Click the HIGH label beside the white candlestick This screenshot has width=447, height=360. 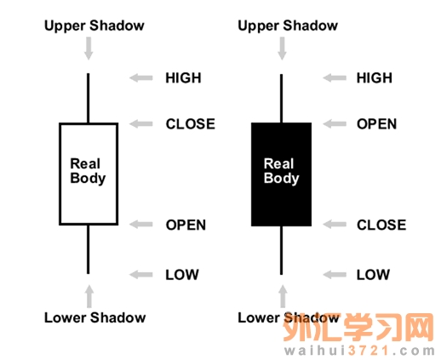coord(183,77)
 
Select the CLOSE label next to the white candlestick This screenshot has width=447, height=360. coord(191,124)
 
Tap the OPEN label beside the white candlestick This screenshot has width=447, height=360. coord(186,225)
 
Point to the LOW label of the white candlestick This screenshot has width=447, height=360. coord(182,275)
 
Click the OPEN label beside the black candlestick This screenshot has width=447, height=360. coord(376,124)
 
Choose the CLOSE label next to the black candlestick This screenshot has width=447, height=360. coord(381,225)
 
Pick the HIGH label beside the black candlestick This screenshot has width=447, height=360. coord(375,77)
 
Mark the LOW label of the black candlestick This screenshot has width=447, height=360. coord(373,275)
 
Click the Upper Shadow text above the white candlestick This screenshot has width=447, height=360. coord(95,26)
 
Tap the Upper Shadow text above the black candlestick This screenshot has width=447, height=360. coord(288,26)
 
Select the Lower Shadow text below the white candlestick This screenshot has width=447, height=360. coord(95,317)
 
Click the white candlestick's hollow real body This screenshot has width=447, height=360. coord(60,174)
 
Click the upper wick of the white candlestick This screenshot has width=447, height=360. coord(88,98)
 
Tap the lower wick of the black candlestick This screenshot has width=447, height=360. coord(281,250)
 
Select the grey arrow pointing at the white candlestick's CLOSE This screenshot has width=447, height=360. coord(140,124)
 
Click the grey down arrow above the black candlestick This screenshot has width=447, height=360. coord(282,49)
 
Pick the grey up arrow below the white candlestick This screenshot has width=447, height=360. coord(89,296)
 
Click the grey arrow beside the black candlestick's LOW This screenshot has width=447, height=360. coord(335,275)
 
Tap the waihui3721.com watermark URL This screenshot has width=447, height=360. coord(359,351)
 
